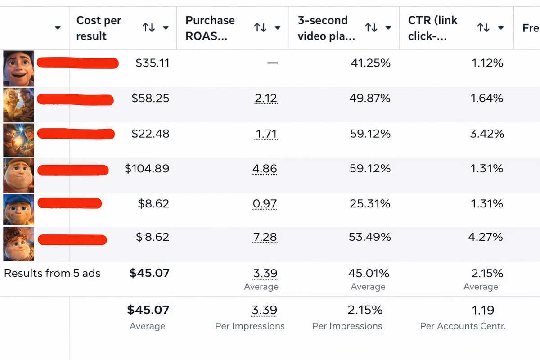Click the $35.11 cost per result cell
point(153,63)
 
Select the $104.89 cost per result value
point(147,169)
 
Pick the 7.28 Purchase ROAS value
point(265,237)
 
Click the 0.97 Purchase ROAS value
point(265,204)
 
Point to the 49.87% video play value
point(370,98)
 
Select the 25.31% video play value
point(370,204)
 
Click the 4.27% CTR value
point(486,237)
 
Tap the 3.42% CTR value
point(486,134)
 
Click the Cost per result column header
point(99,28)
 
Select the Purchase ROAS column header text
point(210,28)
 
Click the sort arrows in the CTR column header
point(483,28)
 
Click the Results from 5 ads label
point(52,273)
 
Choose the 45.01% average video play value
point(369,273)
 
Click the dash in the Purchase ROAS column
point(272,63)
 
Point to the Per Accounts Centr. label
point(463,326)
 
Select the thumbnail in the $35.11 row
point(18,68)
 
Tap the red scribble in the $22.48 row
point(76,134)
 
